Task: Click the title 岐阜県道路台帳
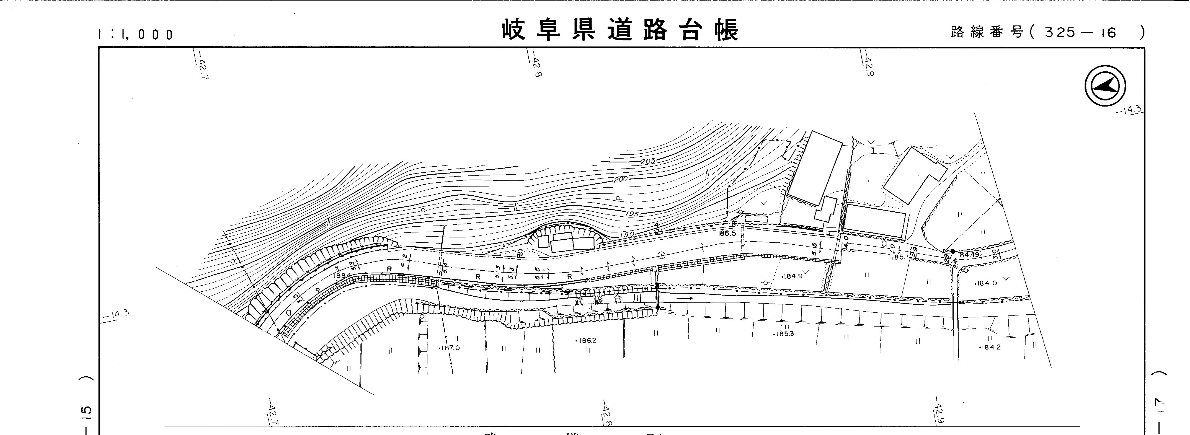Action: pyautogui.click(x=620, y=30)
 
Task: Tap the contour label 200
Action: pyautogui.click(x=620, y=179)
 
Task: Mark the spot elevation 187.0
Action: pyautogui.click(x=449, y=348)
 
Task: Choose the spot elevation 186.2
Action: pyautogui.click(x=586, y=340)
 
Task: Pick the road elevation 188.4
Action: pyautogui.click(x=342, y=276)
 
